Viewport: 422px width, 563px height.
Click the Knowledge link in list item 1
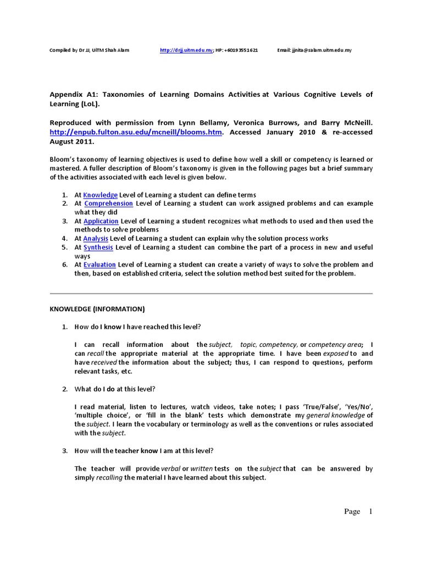(x=101, y=195)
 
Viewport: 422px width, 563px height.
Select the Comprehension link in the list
(x=108, y=203)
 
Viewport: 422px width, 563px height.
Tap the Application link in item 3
(x=101, y=221)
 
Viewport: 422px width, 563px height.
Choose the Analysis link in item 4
(x=96, y=239)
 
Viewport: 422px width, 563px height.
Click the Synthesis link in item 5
(x=98, y=247)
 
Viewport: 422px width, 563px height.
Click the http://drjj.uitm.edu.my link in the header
(x=186, y=50)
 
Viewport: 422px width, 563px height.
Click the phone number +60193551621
(x=241, y=50)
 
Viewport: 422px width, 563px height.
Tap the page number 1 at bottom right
(x=370, y=511)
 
